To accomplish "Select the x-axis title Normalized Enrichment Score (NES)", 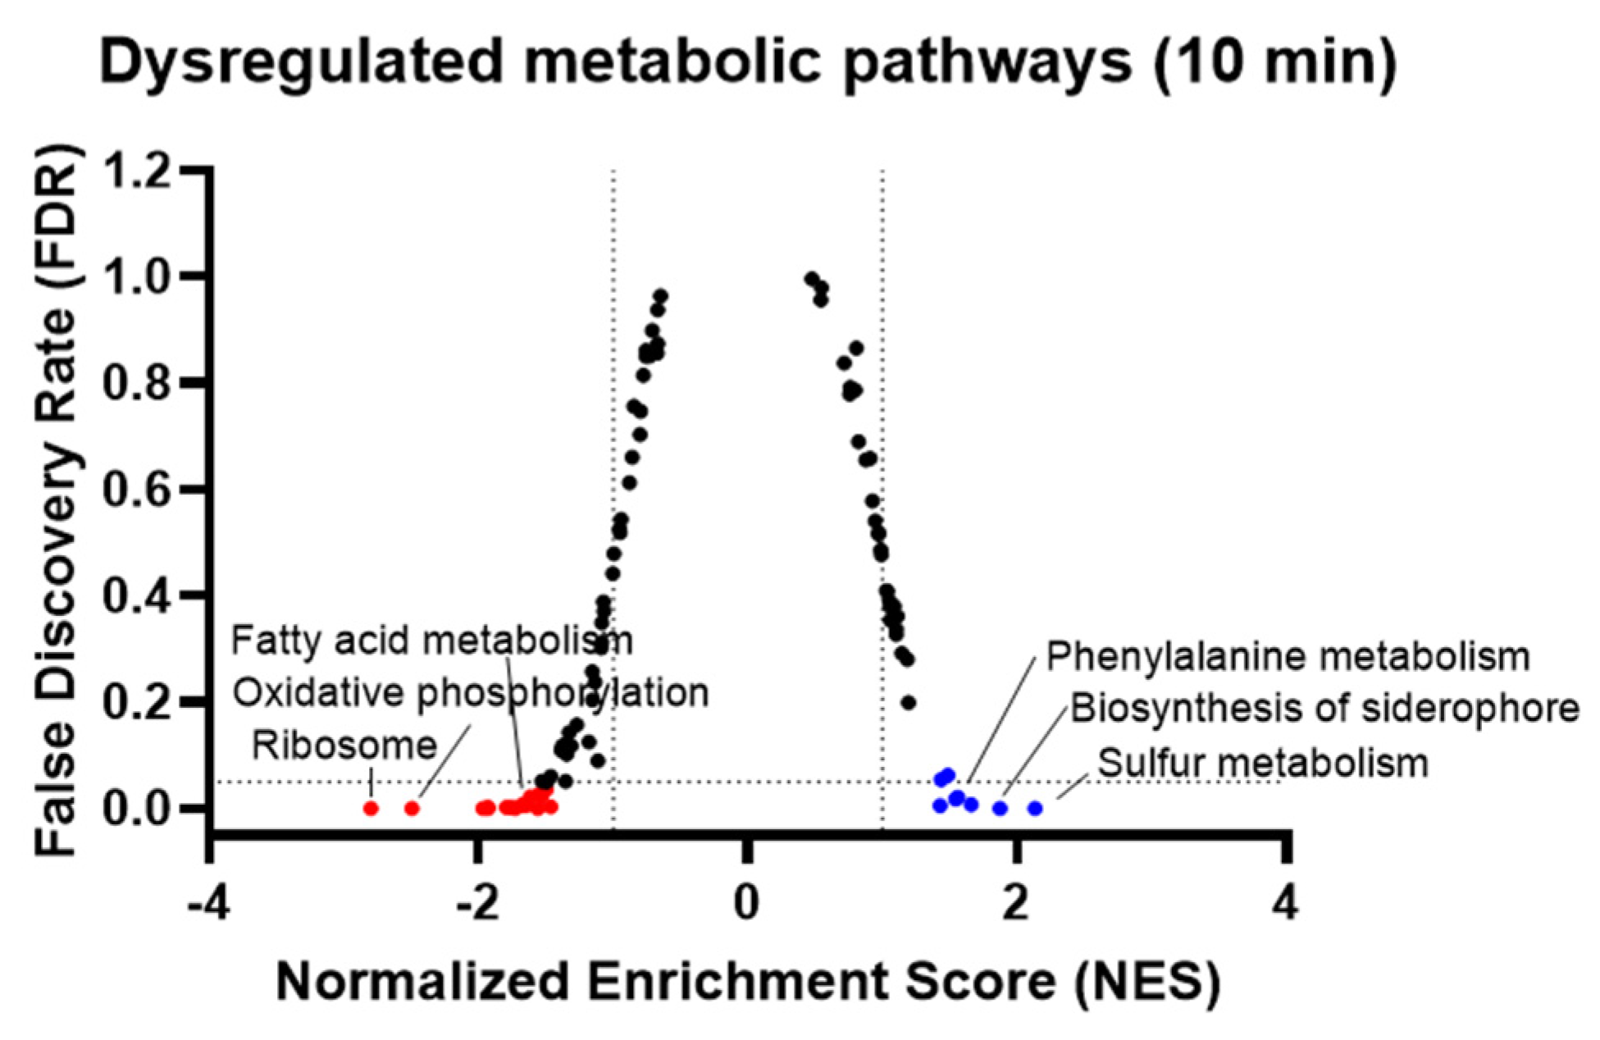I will click(x=748, y=981).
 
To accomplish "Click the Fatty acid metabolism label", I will click(x=431, y=641).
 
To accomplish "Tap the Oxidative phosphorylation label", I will click(x=470, y=693).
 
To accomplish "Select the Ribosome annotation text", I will click(x=344, y=746).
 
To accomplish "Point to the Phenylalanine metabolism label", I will click(x=1288, y=657).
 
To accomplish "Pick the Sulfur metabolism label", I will click(x=1263, y=764).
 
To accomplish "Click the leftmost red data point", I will click(x=371, y=809).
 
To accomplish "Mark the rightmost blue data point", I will click(x=1035, y=809).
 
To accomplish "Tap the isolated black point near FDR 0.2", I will click(x=908, y=703).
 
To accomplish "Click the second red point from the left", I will click(x=412, y=809).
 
